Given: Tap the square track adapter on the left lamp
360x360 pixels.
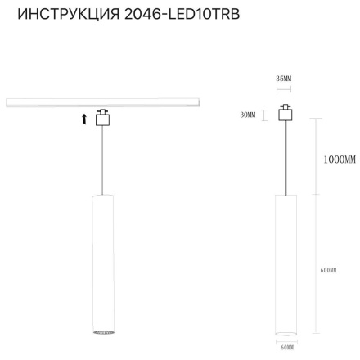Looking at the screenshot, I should pos(102,118).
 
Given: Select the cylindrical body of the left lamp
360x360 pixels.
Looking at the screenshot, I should pos(102,262).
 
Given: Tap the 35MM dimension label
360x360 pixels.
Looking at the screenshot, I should pos(284,79).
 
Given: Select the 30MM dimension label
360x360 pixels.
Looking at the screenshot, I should pos(247,115).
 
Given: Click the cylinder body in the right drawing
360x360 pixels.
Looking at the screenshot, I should pos(286,262).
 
